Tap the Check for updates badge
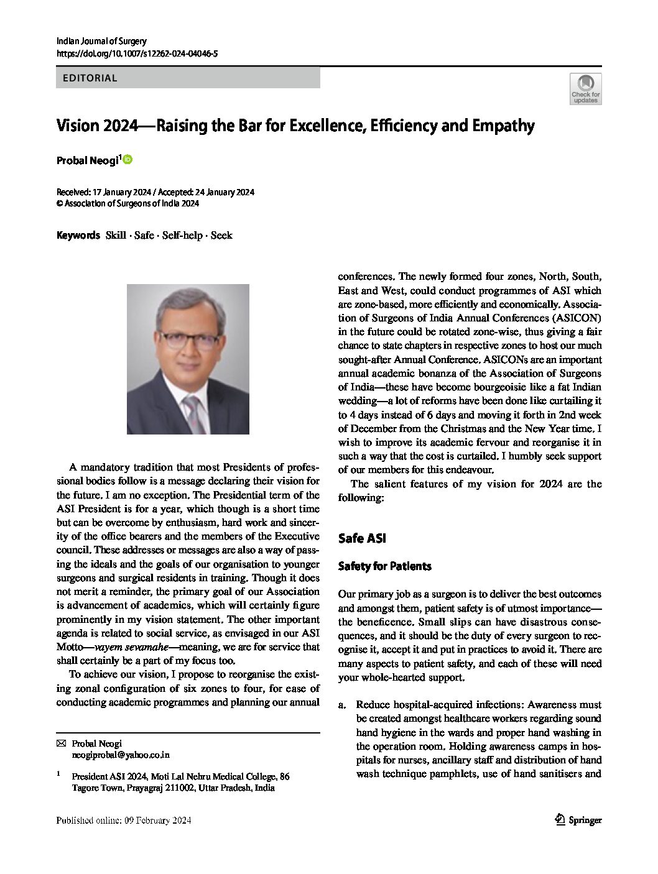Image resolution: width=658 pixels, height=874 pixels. (585, 89)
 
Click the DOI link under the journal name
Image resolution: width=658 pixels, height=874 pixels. (137, 54)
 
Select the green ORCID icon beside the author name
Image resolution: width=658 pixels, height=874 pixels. (128, 160)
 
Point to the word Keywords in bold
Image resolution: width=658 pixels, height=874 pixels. (78, 235)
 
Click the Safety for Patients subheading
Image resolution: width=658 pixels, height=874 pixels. (384, 566)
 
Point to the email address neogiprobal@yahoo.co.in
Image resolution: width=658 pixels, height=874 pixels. (121, 755)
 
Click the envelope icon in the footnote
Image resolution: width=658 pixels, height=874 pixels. (61, 743)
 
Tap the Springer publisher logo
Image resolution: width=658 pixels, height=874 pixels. (578, 820)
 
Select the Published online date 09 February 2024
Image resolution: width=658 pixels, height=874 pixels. (123, 821)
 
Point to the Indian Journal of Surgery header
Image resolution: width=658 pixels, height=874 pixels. (101, 41)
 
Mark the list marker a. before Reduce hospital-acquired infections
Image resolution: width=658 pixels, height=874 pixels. (341, 705)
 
